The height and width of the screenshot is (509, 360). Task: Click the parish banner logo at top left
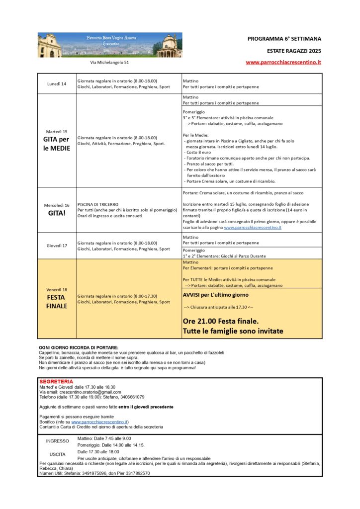(x=110, y=45)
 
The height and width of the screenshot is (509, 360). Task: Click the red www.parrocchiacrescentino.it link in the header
(x=283, y=63)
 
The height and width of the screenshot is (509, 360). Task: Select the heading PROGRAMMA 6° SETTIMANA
(x=284, y=38)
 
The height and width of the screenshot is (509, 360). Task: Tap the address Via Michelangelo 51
(x=109, y=63)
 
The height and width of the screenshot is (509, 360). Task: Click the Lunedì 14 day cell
(x=57, y=84)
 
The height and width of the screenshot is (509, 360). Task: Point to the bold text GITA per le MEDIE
(x=57, y=144)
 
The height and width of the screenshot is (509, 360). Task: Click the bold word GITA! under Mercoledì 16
(x=57, y=214)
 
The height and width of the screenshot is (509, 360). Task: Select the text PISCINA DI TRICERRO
(x=98, y=204)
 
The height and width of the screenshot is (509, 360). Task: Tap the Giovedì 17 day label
(x=57, y=246)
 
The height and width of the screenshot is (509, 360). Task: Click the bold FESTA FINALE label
(x=57, y=301)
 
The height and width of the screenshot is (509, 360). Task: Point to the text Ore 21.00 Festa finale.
(x=220, y=321)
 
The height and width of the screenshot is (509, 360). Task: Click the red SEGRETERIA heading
(x=56, y=381)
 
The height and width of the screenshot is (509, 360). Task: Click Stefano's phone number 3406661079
(x=128, y=397)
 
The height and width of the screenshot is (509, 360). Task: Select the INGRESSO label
(x=58, y=441)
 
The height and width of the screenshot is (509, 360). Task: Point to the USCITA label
(x=58, y=454)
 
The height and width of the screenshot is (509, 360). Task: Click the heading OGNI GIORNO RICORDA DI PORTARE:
(x=79, y=347)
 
